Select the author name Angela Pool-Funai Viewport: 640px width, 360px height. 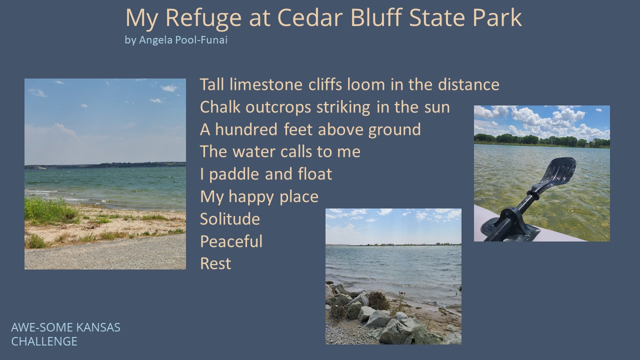coord(183,39)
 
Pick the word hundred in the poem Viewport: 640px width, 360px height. coord(246,129)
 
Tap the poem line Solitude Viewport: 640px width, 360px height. coord(230,219)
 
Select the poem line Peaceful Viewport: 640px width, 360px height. coord(231,241)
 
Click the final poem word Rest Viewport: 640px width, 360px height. coord(215,263)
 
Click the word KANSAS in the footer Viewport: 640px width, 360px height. coord(98,327)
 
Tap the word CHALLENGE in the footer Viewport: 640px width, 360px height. coord(44,341)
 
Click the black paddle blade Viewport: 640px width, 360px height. coord(557,171)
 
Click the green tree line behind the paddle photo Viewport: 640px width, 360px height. coord(541,140)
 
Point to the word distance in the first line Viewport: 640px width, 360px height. coord(468,84)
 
